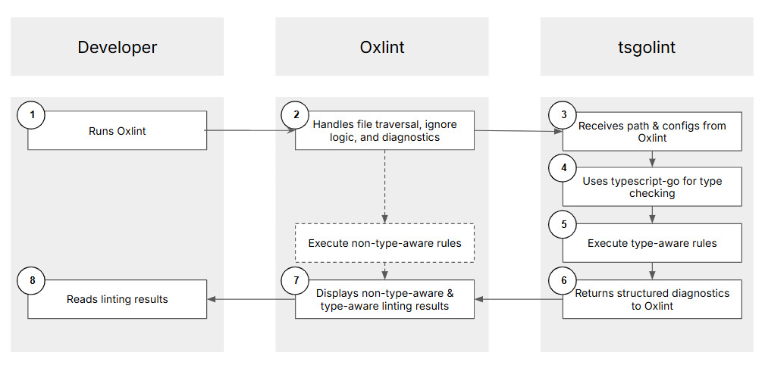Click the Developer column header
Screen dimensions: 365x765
117,47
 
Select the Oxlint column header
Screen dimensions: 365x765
381,47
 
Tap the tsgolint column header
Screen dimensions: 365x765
646,47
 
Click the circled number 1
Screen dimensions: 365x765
31,115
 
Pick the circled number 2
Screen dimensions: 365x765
296,115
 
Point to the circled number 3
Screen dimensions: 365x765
563,115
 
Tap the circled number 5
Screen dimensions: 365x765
563,225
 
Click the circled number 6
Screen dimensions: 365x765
563,280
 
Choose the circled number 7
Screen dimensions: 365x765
296,280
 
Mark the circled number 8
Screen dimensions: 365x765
31,280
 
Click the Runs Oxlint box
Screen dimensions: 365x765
117,131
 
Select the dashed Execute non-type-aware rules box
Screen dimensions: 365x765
384,243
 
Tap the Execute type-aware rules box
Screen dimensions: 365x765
652,243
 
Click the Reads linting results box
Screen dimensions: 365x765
117,299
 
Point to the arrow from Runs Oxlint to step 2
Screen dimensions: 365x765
250,130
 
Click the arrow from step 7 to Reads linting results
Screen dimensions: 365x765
250,299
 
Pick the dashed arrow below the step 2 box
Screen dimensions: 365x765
384,186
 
